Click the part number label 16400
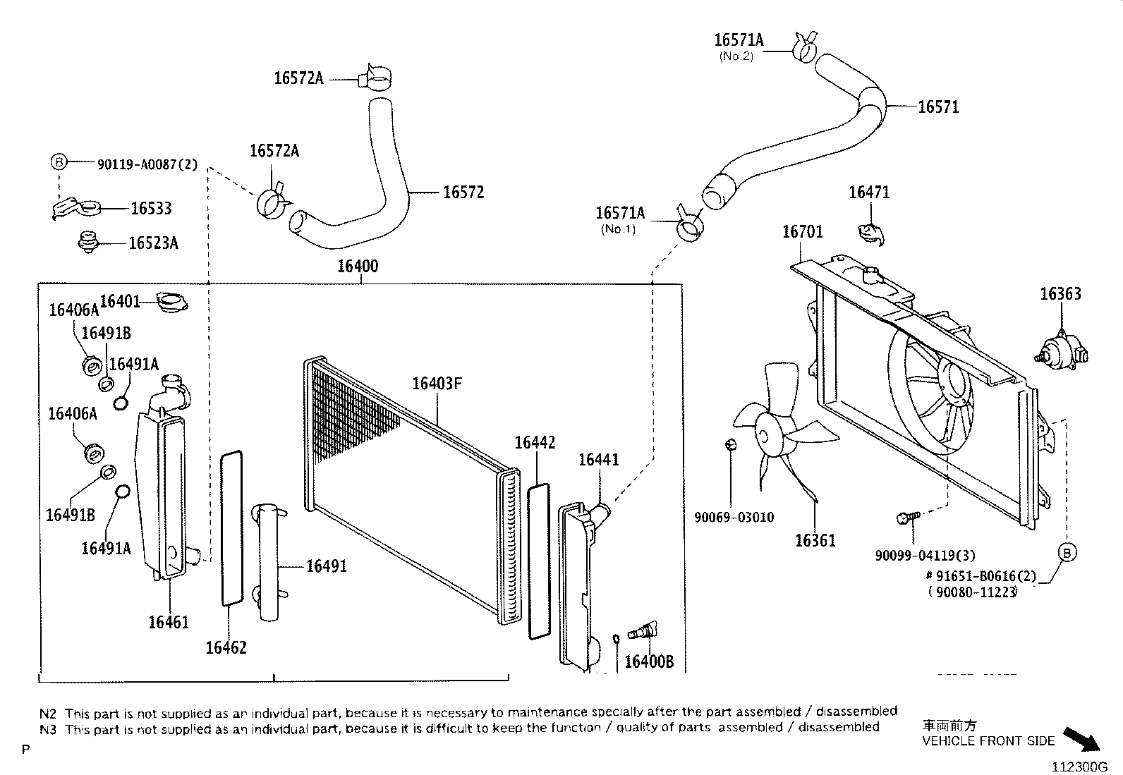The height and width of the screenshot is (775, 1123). click(358, 266)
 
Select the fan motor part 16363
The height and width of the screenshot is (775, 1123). click(1062, 349)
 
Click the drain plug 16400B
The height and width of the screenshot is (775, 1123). click(643, 629)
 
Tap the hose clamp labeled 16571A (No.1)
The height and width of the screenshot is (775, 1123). click(688, 228)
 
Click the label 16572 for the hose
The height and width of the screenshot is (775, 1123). click(463, 193)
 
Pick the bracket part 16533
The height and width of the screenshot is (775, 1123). click(78, 208)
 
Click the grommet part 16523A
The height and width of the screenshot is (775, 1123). click(87, 242)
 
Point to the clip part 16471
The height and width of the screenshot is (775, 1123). click(870, 232)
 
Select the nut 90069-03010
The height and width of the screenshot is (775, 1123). click(731, 444)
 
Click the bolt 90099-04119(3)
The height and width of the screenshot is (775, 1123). click(906, 518)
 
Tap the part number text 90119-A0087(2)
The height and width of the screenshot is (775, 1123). click(147, 164)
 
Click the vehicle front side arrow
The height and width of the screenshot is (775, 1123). click(1080, 740)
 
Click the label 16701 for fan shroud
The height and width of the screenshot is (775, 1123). click(802, 231)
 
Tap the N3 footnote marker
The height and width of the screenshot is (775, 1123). click(48, 728)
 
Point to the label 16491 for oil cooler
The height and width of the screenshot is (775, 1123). click(326, 566)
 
